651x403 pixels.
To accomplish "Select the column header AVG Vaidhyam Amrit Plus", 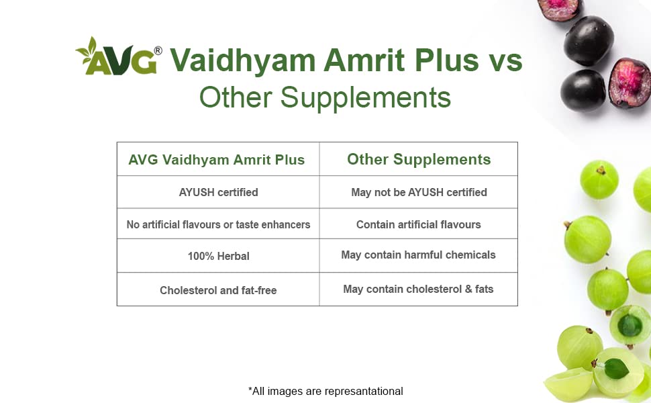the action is click(216, 160).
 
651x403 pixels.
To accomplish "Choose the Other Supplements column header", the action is click(419, 160).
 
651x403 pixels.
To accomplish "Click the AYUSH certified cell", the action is click(218, 192).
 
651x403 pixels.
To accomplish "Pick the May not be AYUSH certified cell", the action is click(419, 192).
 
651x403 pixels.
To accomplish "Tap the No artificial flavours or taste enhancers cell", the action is click(218, 225).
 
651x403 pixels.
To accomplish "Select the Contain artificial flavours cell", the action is click(419, 225).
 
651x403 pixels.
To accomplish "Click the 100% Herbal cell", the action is click(218, 256).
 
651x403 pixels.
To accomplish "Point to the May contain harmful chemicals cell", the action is click(419, 255).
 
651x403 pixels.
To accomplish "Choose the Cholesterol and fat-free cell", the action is click(218, 290).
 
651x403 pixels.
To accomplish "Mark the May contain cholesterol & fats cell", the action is click(419, 289).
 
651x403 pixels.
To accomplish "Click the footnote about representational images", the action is click(325, 392).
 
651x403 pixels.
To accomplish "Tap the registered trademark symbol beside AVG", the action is click(158, 50).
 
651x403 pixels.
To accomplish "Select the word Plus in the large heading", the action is click(447, 60).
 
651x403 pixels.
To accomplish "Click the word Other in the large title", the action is click(236, 98).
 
